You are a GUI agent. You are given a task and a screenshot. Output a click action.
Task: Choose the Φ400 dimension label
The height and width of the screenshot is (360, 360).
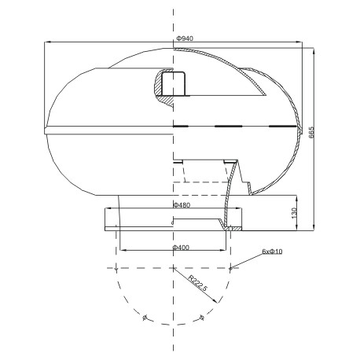click(x=181, y=248)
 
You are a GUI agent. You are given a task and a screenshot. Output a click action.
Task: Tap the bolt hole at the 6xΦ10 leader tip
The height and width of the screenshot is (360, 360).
click(x=230, y=268)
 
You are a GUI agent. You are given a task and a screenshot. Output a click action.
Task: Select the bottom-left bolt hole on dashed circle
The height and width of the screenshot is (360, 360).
click(x=145, y=318)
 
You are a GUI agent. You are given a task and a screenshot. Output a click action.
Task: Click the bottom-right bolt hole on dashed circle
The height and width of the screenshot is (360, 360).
click(x=202, y=318)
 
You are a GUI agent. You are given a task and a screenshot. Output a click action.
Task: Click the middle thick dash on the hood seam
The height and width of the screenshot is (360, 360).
click(x=228, y=127)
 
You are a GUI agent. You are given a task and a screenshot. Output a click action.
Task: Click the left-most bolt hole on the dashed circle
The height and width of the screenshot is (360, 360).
click(x=116, y=268)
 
